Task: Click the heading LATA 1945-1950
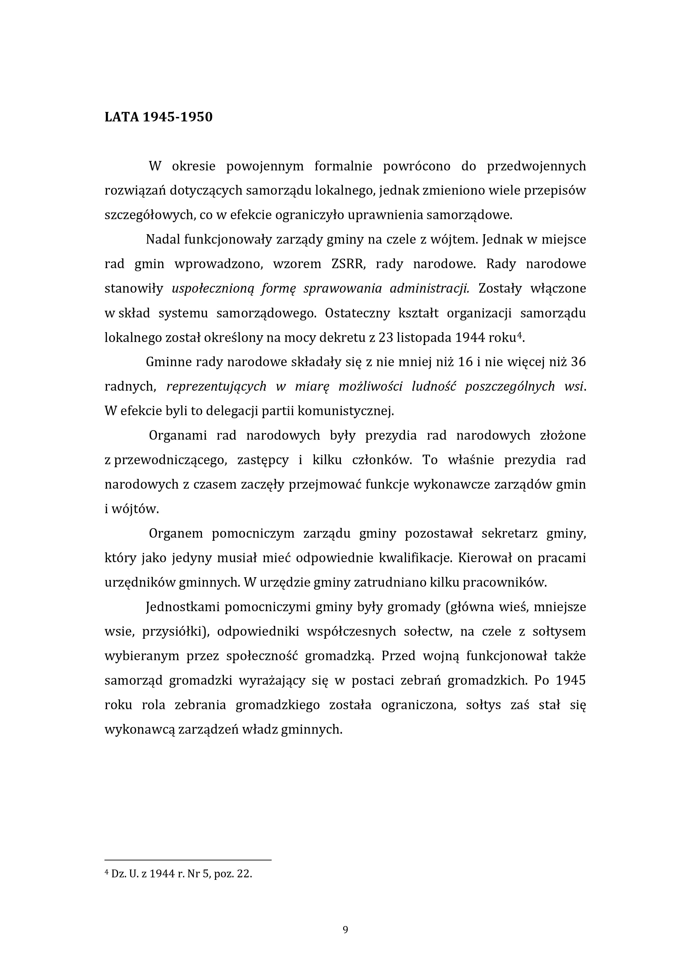pyautogui.click(x=158, y=117)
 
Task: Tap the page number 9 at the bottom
pyautogui.click(x=345, y=930)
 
